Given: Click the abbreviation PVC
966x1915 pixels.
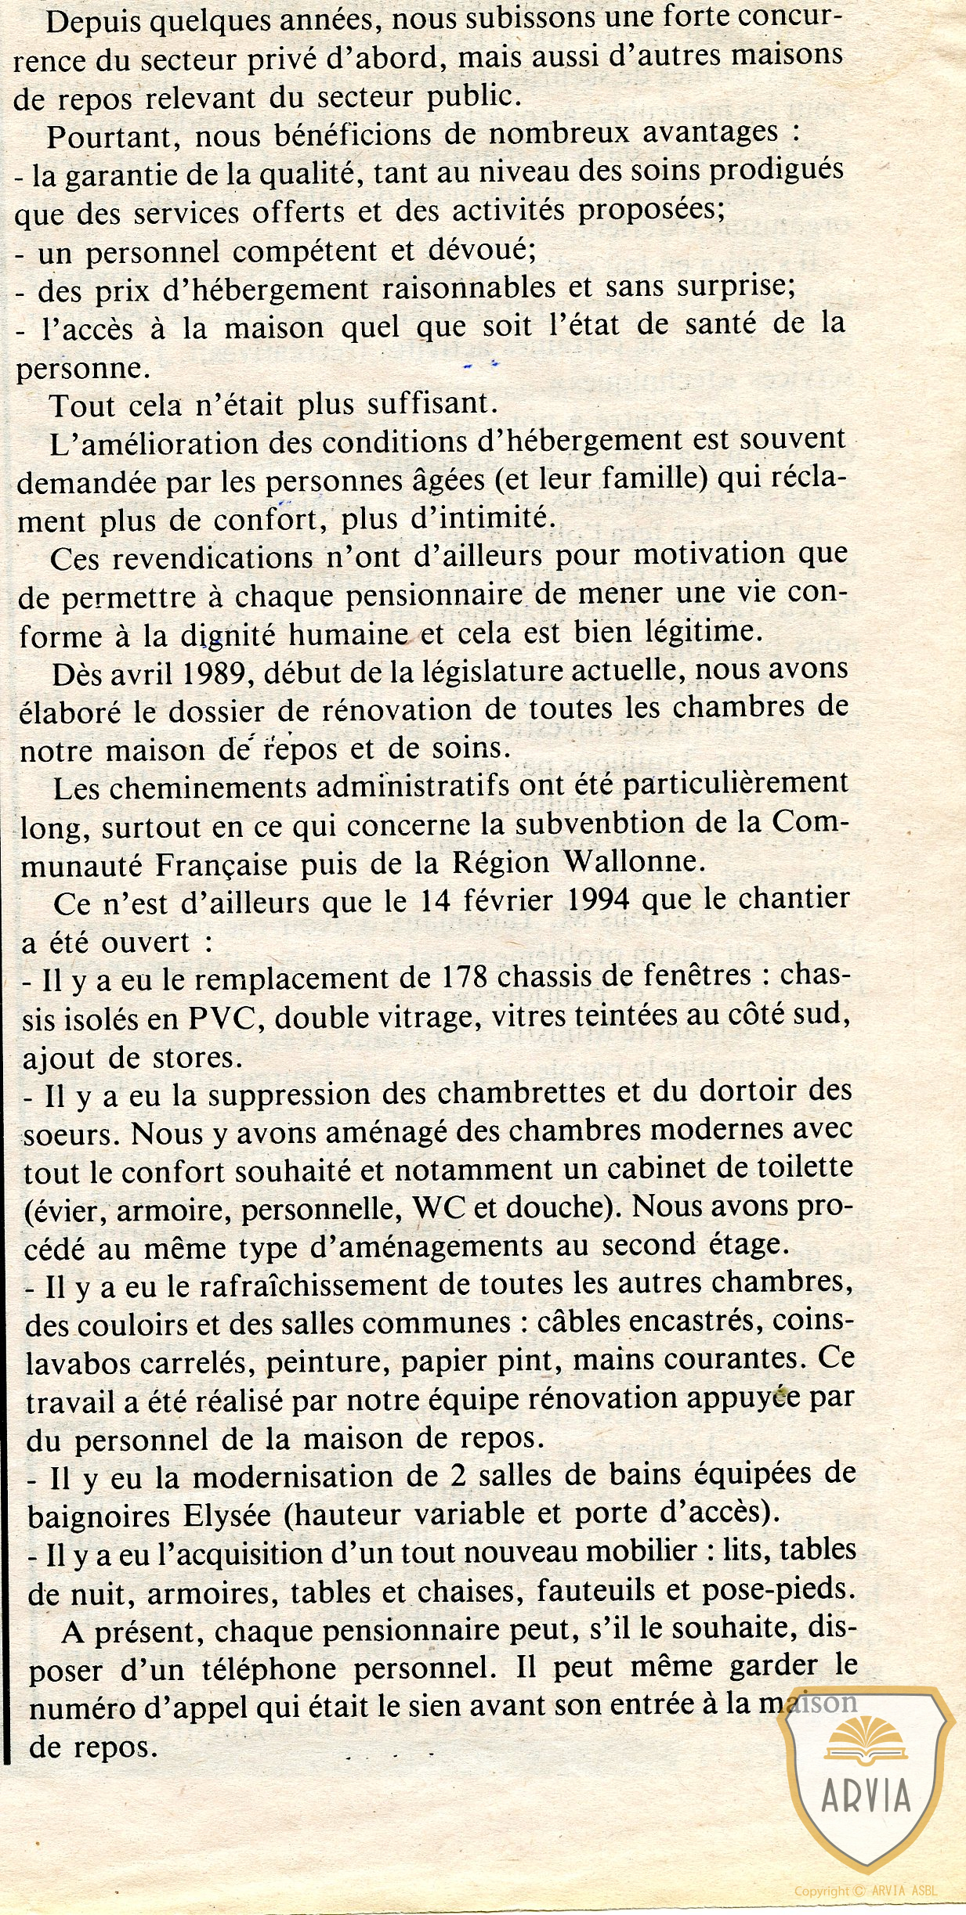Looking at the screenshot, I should (222, 1018).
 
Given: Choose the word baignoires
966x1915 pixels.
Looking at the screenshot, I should (98, 1516).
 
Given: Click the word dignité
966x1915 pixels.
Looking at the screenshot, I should (228, 634).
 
